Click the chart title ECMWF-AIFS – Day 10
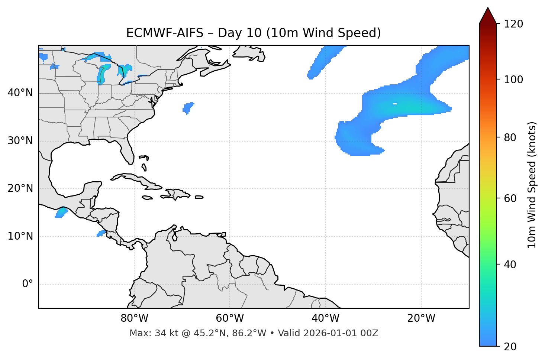click(253, 33)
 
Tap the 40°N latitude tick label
click(20, 93)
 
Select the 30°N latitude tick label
click(20, 141)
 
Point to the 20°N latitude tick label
click(20, 188)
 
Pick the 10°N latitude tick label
click(20, 236)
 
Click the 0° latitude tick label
click(28, 284)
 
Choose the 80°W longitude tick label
click(134, 318)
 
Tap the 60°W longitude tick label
click(230, 318)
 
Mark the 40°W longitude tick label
click(325, 318)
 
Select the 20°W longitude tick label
click(421, 318)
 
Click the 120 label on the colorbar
click(513, 24)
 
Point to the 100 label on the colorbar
click(513, 80)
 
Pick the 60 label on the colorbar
click(511, 198)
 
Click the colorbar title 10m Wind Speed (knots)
click(532, 185)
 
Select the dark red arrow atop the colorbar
click(488, 16)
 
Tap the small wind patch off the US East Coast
click(188, 108)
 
